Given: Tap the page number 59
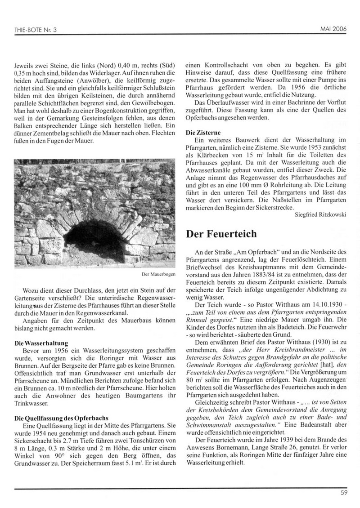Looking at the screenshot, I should [345, 492].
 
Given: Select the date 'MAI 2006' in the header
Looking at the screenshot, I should [334, 29].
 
